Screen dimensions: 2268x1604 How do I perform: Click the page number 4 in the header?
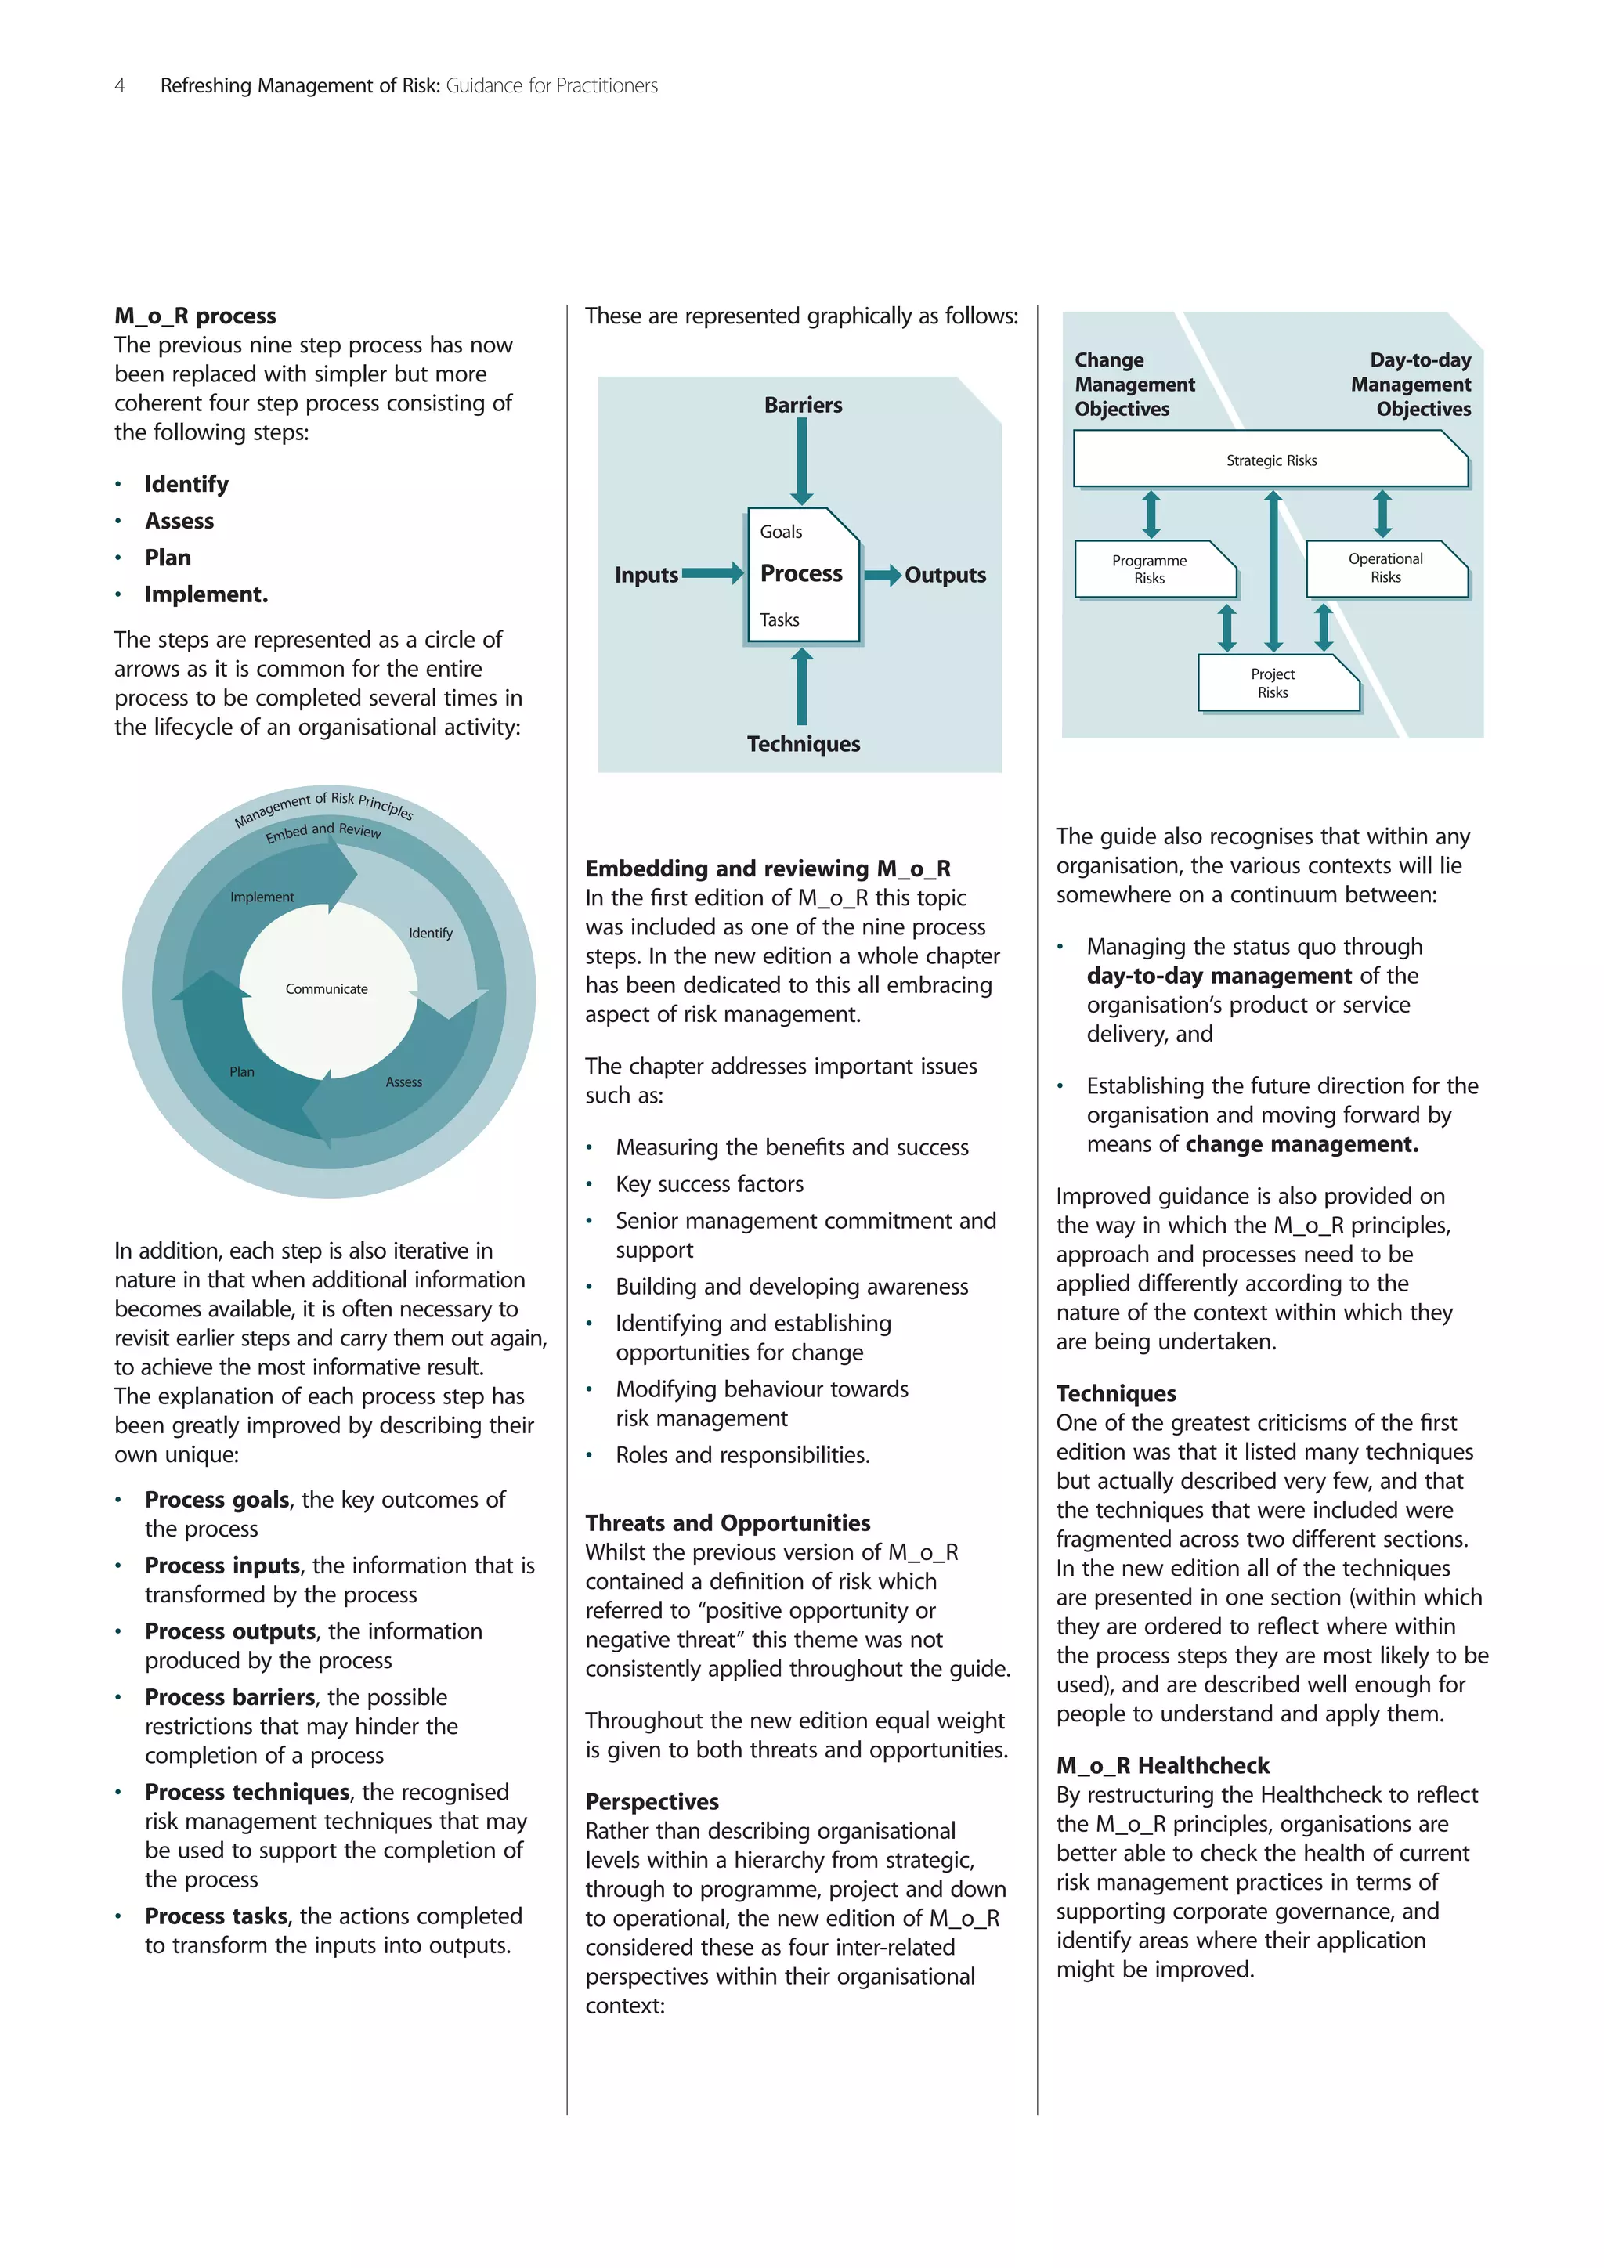(120, 86)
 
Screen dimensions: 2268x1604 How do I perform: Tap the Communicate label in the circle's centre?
(326, 989)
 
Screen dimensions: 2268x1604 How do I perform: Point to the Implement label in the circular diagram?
(262, 897)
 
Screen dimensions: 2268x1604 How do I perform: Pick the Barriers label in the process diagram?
(803, 405)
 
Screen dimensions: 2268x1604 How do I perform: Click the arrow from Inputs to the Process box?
(712, 574)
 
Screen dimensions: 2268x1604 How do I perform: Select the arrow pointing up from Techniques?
(802, 687)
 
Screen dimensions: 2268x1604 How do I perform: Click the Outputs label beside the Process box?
(945, 575)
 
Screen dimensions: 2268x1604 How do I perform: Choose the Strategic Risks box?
(1271, 460)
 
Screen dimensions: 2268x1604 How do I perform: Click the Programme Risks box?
(1150, 569)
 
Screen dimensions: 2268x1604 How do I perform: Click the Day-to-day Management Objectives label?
(1412, 385)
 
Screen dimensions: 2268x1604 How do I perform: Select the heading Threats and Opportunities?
(727, 1522)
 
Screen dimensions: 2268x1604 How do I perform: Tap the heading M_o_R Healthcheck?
(1162, 1765)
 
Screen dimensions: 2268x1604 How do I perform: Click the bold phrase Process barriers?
(230, 1697)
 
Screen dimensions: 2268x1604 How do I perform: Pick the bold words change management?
(1301, 1144)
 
